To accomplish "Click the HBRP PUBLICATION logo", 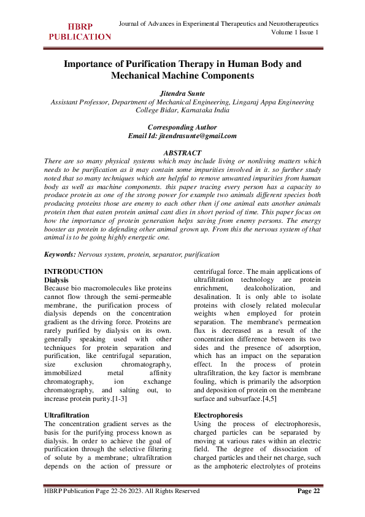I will (x=80, y=32).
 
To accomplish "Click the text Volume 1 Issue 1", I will (x=294, y=33).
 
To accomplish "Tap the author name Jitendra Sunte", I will (x=182, y=93).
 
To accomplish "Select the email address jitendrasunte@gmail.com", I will (x=197, y=136).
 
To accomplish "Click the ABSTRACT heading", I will (x=182, y=152).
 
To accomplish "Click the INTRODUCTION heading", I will (x=74, y=271).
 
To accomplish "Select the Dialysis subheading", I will (x=57, y=279).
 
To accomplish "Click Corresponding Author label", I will (x=182, y=127).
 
